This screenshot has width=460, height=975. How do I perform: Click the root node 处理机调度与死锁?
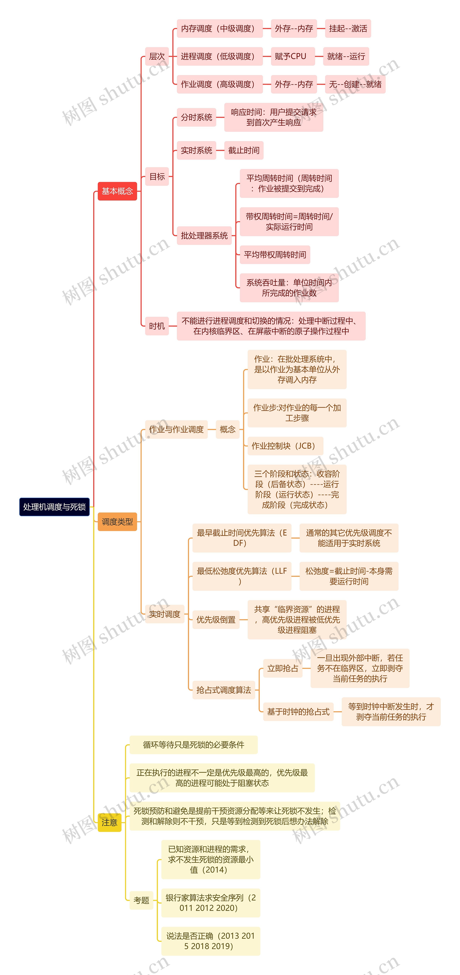(54, 507)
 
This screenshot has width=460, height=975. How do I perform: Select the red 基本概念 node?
(117, 191)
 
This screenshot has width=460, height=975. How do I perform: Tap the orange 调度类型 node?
(117, 522)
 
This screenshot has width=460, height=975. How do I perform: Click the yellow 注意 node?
(109, 822)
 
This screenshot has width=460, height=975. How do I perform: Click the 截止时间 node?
(244, 150)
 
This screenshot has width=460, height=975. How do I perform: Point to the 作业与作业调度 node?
(176, 429)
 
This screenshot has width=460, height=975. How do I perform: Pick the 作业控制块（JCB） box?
(285, 446)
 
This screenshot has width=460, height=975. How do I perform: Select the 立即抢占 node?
(283, 668)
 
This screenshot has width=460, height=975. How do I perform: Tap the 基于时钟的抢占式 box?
(298, 712)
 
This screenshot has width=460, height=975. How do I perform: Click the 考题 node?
(141, 900)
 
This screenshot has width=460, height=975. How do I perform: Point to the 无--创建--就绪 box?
(355, 84)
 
